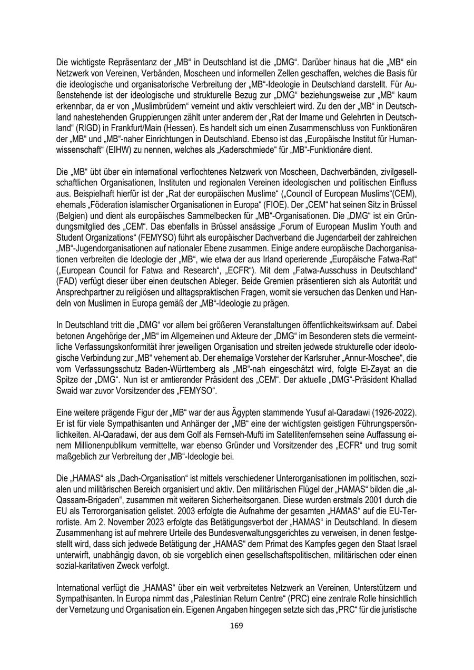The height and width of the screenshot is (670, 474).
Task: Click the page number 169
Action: coord(237,626)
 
